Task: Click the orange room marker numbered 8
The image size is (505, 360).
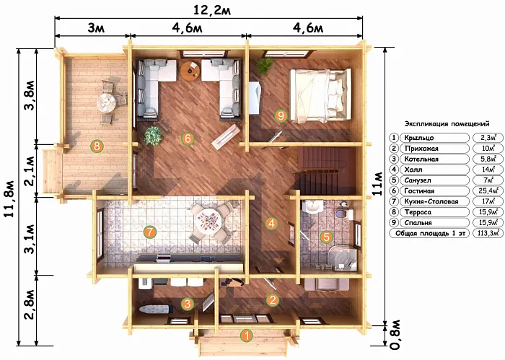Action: (x=97, y=146)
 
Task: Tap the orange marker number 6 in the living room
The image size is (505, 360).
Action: (x=188, y=139)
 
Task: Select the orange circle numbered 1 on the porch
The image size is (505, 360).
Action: (x=247, y=336)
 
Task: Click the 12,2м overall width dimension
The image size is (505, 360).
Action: (x=212, y=10)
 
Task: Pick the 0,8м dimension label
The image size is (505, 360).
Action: (x=395, y=335)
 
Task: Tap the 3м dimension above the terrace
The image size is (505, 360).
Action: (x=96, y=28)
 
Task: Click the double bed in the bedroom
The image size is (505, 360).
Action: (x=320, y=96)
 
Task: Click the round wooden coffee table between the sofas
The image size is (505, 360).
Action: (x=190, y=71)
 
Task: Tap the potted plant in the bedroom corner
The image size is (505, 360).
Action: (x=265, y=66)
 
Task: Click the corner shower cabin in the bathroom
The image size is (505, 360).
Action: (x=343, y=258)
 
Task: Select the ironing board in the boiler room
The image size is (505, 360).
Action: (x=154, y=309)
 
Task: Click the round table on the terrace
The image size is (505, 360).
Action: (x=106, y=102)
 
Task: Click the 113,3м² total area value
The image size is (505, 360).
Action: (x=488, y=233)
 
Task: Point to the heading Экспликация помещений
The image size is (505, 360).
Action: (x=447, y=124)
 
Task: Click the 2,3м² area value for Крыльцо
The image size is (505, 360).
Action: (x=488, y=138)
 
